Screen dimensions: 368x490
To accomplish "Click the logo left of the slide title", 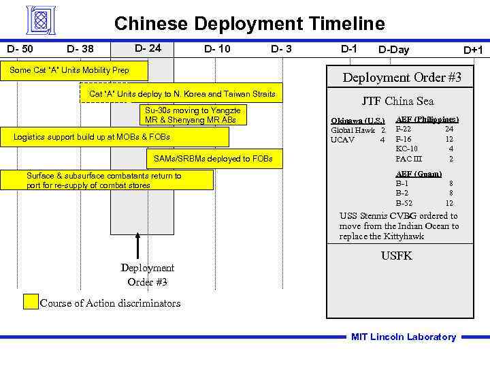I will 42,20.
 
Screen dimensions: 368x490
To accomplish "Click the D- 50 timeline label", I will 20,48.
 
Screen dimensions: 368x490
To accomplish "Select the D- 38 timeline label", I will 80,49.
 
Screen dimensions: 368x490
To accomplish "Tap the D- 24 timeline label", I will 148,48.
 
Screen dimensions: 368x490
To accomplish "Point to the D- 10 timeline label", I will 217,48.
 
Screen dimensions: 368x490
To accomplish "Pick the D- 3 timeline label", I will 281,48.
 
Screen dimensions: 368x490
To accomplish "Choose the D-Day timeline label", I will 394,49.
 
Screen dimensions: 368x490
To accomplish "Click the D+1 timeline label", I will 473,50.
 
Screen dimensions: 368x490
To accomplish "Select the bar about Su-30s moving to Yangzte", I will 193,114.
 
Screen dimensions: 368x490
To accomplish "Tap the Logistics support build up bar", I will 115,138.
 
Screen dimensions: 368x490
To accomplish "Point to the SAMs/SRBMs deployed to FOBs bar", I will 213,159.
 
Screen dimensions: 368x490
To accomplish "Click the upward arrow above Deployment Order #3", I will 138,245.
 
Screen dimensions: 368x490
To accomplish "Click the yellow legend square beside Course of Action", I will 31,302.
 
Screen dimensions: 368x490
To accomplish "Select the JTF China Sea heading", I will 397,102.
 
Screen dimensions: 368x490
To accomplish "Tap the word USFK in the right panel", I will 397,256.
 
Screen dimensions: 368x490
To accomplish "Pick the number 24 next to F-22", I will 449,129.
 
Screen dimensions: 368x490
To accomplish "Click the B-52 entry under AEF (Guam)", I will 404,203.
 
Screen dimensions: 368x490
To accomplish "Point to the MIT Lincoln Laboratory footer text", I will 404,337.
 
